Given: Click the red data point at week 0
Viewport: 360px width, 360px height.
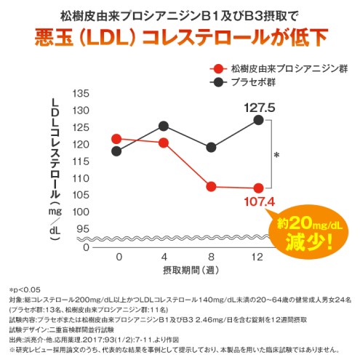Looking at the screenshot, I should coord(117,138).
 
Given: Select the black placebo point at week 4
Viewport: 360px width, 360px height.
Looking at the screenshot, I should coord(164,126).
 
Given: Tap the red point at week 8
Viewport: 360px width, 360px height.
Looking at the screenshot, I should coord(211,186).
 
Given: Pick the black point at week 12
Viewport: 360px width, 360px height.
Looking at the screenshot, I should coord(258,120).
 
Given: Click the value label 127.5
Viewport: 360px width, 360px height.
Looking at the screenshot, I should coord(260,107).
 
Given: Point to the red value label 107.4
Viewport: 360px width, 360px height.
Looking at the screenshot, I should coord(259,201).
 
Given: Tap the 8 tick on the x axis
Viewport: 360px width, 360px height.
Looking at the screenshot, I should coord(211,257).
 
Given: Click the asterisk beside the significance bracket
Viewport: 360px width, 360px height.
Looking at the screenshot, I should coord(276,156).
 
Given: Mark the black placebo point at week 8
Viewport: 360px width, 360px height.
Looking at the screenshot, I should coord(211,148).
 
